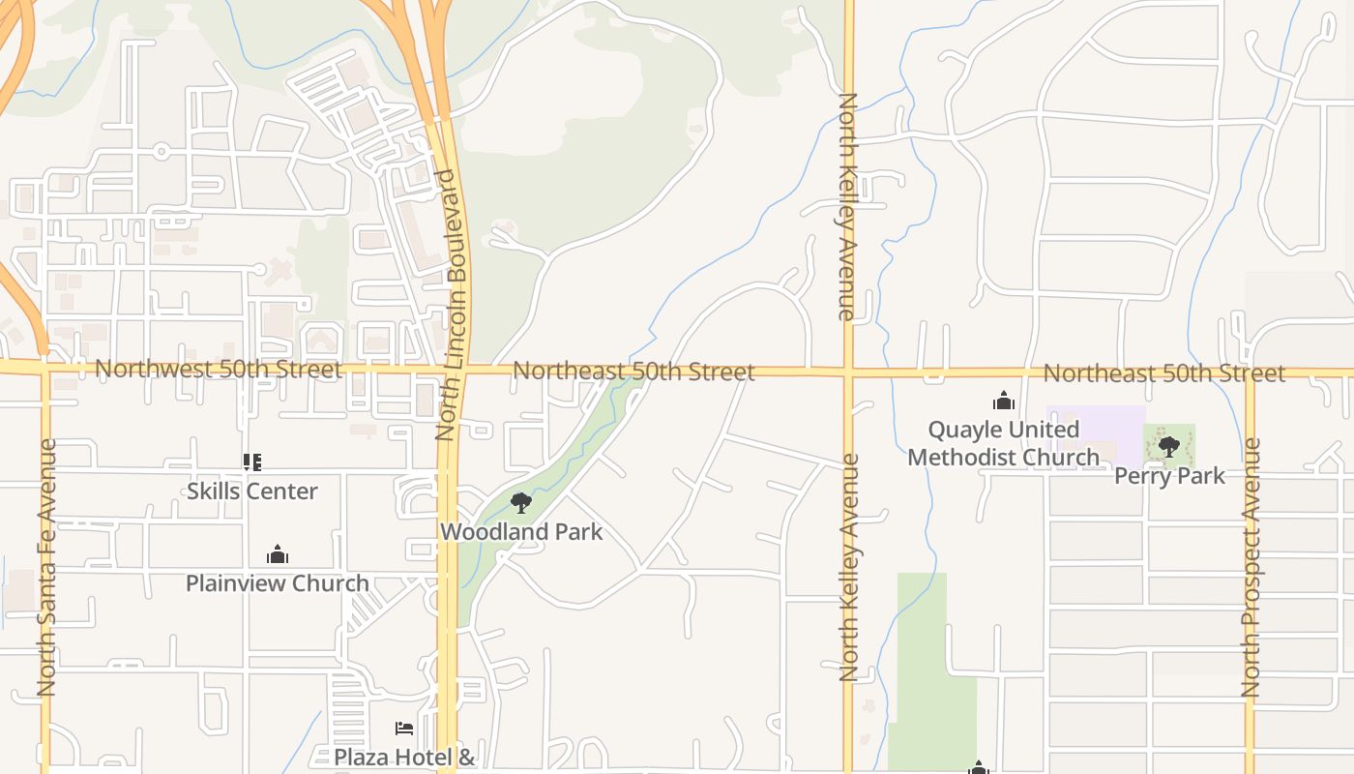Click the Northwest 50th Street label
click(x=218, y=370)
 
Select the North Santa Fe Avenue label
click(x=46, y=567)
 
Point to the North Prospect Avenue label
click(x=1251, y=567)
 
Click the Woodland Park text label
click(x=521, y=531)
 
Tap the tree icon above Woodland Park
click(x=521, y=503)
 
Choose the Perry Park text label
click(x=1169, y=475)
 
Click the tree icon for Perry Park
click(x=1169, y=446)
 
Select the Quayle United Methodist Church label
click(x=1004, y=443)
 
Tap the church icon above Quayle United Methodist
click(x=1004, y=401)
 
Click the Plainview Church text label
click(x=278, y=583)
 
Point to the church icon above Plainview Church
click(x=278, y=555)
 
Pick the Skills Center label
click(x=252, y=491)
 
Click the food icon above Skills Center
click(x=252, y=462)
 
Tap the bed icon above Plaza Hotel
click(x=404, y=728)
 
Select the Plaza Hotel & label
click(x=404, y=757)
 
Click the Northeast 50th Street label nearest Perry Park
click(x=1164, y=372)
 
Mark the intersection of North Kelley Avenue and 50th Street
click(x=848, y=370)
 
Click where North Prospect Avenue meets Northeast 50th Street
click(x=1250, y=372)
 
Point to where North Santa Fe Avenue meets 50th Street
click(x=44, y=368)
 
